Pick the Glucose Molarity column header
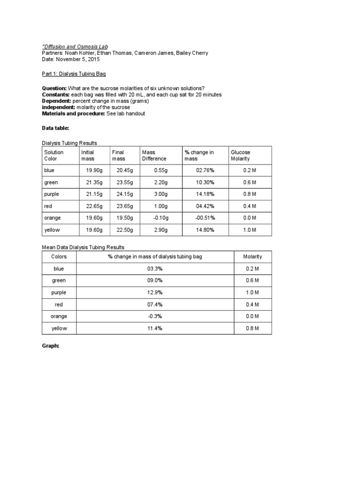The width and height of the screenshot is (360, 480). pos(240,155)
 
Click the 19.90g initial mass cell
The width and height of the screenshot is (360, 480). pos(91,171)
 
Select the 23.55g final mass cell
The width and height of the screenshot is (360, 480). pos(125,182)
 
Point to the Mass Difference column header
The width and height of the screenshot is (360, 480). pos(154,155)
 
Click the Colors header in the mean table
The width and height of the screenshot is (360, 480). pos(59,256)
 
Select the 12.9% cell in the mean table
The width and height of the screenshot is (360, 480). pos(155,292)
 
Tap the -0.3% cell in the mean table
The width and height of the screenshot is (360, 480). pos(155,316)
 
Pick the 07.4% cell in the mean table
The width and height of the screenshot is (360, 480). pos(155,305)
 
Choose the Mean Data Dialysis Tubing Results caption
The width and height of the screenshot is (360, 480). pos(83,247)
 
